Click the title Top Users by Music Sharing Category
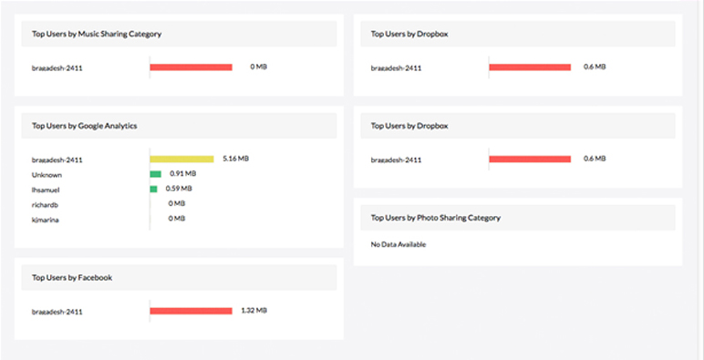pos(97,34)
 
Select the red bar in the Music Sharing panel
pos(192,67)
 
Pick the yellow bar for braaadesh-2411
pos(182,159)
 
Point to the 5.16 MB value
pos(235,159)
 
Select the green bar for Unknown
pos(156,173)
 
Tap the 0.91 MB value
pos(182,173)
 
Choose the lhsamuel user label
pos(47,189)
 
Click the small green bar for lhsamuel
pos(154,189)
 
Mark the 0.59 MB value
pos(179,189)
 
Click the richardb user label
pos(46,204)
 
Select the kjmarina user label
pos(47,220)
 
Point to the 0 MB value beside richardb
pos(176,203)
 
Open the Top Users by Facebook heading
pos(72,277)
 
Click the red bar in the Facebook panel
pos(192,311)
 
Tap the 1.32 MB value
pos(254,311)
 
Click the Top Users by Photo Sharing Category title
pos(436,218)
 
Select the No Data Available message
pos(399,244)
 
